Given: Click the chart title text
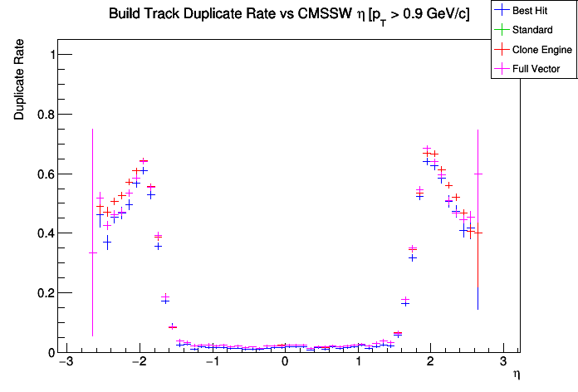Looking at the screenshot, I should (x=288, y=15).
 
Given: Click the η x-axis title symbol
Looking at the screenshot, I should (x=516, y=375).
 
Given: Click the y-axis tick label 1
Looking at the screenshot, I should (x=51, y=55).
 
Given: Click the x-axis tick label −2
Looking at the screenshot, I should (x=138, y=364).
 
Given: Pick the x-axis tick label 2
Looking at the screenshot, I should (x=430, y=364).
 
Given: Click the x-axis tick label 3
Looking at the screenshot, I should (x=503, y=364).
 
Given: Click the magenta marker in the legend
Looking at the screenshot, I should (x=502, y=69).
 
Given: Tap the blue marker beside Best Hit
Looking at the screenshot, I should (x=502, y=11).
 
